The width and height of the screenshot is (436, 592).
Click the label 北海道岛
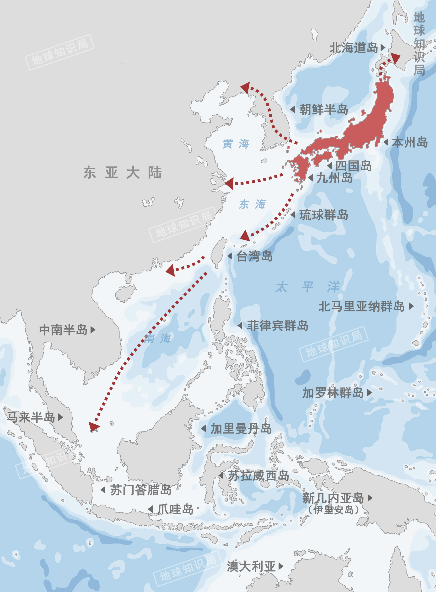click(353, 48)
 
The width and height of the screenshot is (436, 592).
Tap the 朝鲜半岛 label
click(323, 109)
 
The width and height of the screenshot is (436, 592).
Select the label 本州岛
click(410, 142)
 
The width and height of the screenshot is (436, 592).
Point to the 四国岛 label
click(353, 166)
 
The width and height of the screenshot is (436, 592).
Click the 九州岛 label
click(334, 178)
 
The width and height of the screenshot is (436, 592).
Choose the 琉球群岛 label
click(323, 215)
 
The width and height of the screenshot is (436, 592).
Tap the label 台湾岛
click(254, 256)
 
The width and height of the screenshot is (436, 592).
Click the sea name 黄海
click(236, 144)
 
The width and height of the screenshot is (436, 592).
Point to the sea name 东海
click(252, 204)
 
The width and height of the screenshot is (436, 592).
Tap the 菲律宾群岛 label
click(277, 325)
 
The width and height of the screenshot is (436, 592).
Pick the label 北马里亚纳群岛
click(361, 306)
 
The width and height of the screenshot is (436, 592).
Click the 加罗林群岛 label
click(333, 393)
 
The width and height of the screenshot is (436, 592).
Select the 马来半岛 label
click(31, 417)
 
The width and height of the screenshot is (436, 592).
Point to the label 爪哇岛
click(175, 509)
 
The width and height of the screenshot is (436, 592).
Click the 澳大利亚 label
click(251, 566)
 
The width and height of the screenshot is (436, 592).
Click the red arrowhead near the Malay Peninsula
click(93, 426)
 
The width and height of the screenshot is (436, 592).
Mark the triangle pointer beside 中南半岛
click(93, 330)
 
